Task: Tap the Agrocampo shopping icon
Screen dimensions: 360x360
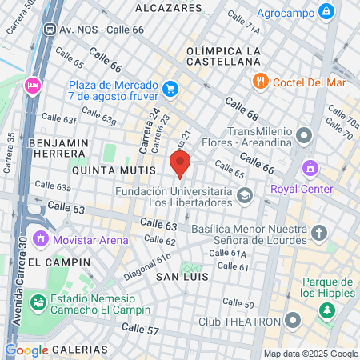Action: click(x=326, y=12)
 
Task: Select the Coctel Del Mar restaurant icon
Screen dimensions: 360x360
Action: click(x=260, y=81)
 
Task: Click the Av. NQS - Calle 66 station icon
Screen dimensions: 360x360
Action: click(x=50, y=29)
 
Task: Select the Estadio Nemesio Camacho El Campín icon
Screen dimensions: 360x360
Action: click(x=38, y=302)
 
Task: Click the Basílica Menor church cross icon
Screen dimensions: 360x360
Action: click(x=319, y=234)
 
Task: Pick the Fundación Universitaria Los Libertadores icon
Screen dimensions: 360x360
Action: click(x=244, y=195)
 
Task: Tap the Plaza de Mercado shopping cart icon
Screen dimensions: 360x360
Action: click(x=169, y=88)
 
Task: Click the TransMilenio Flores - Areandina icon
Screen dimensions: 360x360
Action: click(x=303, y=133)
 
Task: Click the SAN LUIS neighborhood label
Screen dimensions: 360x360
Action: click(x=182, y=276)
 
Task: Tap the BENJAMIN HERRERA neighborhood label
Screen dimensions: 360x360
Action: click(x=58, y=149)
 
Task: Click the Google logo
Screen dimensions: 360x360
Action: click(x=26, y=350)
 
